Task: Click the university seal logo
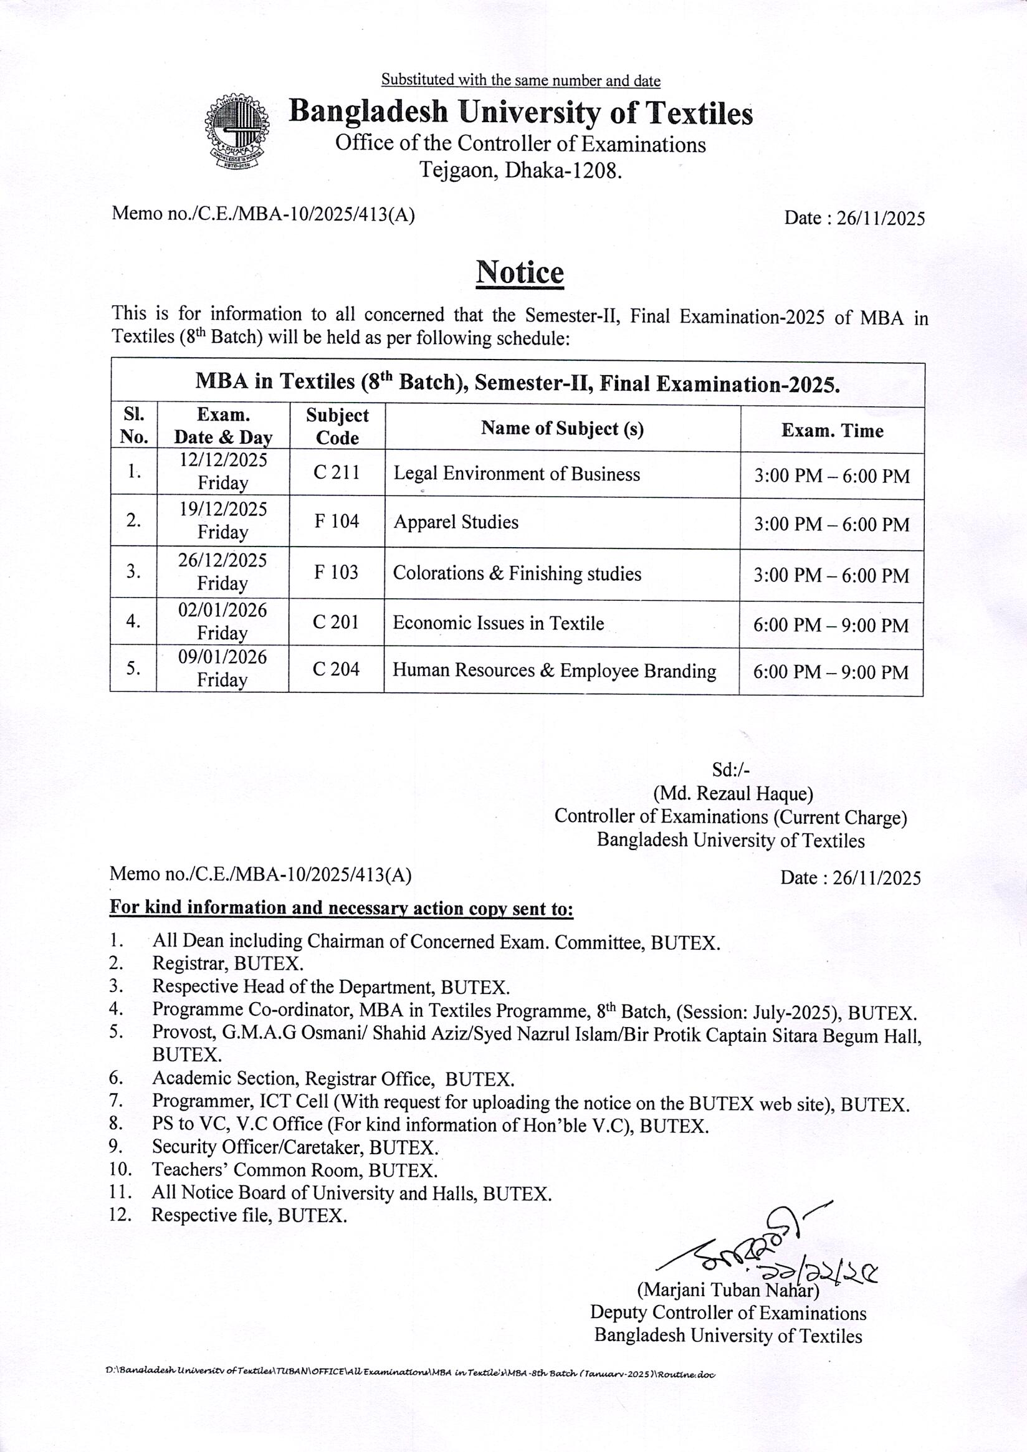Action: (237, 131)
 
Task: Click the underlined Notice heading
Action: (519, 272)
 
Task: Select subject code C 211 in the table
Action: (337, 472)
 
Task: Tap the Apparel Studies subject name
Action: (456, 522)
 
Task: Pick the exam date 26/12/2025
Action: (222, 560)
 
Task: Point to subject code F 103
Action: (337, 572)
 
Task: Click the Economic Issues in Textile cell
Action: (498, 624)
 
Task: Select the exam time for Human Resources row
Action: (830, 672)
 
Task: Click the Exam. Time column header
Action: (831, 431)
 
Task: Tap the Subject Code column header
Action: (337, 426)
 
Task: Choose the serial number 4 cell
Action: (133, 622)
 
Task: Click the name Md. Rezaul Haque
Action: (733, 793)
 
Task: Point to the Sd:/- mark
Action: (730, 770)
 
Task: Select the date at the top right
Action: (854, 218)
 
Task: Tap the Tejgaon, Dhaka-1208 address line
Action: (521, 170)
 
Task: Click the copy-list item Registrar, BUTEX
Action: (227, 964)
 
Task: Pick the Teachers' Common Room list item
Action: (294, 1170)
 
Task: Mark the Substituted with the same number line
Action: (520, 80)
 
